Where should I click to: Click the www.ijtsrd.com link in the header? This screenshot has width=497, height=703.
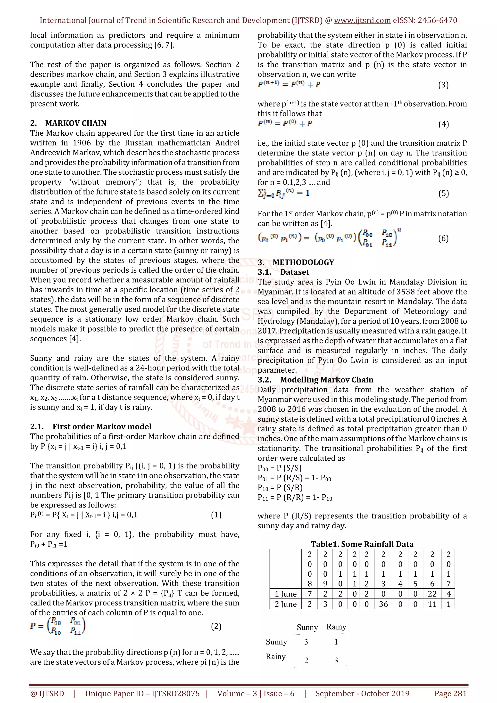click(x=362, y=21)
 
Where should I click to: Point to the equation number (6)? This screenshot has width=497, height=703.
click(x=443, y=238)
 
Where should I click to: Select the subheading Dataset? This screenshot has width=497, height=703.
click(x=295, y=272)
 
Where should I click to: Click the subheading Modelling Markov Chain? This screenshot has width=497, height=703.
click(x=326, y=380)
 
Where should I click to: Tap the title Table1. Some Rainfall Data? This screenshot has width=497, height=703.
click(x=362, y=544)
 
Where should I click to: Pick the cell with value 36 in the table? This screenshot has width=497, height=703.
click(x=383, y=604)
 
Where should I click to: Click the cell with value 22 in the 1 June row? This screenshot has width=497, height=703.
click(x=432, y=594)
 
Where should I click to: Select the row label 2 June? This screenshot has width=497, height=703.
click(x=285, y=604)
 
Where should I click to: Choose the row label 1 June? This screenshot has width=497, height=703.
click(x=285, y=594)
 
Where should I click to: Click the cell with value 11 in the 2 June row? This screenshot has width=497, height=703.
click(x=432, y=604)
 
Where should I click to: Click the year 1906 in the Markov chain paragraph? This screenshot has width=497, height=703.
click(x=82, y=143)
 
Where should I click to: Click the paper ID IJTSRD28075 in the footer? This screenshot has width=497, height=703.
click(x=176, y=693)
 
